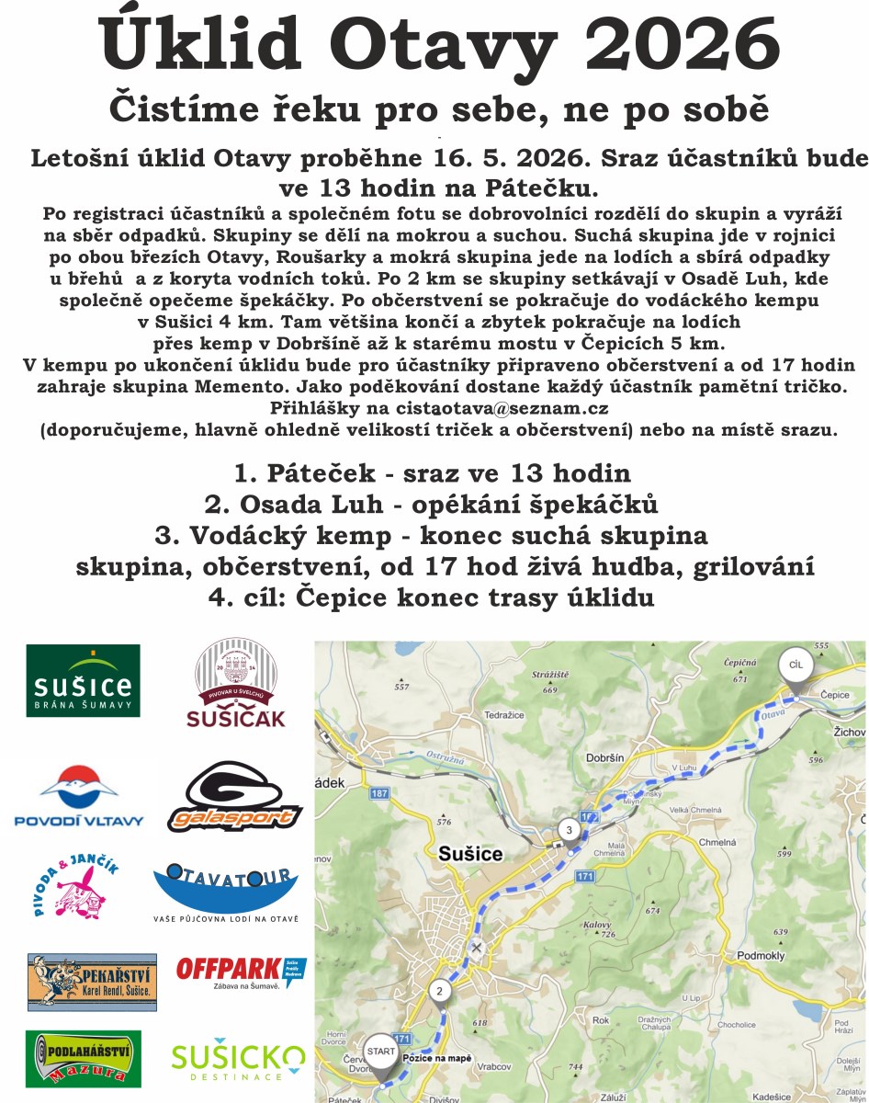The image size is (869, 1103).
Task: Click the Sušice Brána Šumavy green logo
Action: pos(83,681)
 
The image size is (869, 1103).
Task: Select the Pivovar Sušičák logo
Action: pos(236,684)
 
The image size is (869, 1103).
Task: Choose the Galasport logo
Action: pos(235,798)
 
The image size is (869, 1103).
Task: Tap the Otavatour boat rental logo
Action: pos(226,892)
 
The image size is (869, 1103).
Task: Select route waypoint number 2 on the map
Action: pos(439,991)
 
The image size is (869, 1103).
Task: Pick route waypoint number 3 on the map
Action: pos(569,831)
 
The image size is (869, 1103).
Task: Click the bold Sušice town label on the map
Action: pos(470,854)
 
